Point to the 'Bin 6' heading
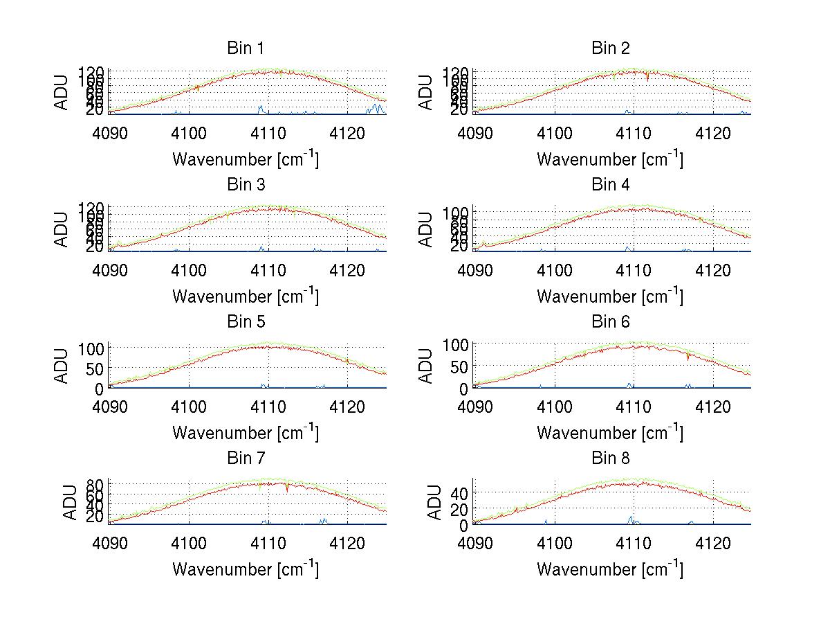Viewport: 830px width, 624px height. point(611,322)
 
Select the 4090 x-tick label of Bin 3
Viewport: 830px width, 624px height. point(110,269)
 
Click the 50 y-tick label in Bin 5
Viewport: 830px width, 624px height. point(95,368)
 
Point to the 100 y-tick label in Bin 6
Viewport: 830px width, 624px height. point(455,344)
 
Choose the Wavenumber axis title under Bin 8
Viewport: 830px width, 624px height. point(609,569)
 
